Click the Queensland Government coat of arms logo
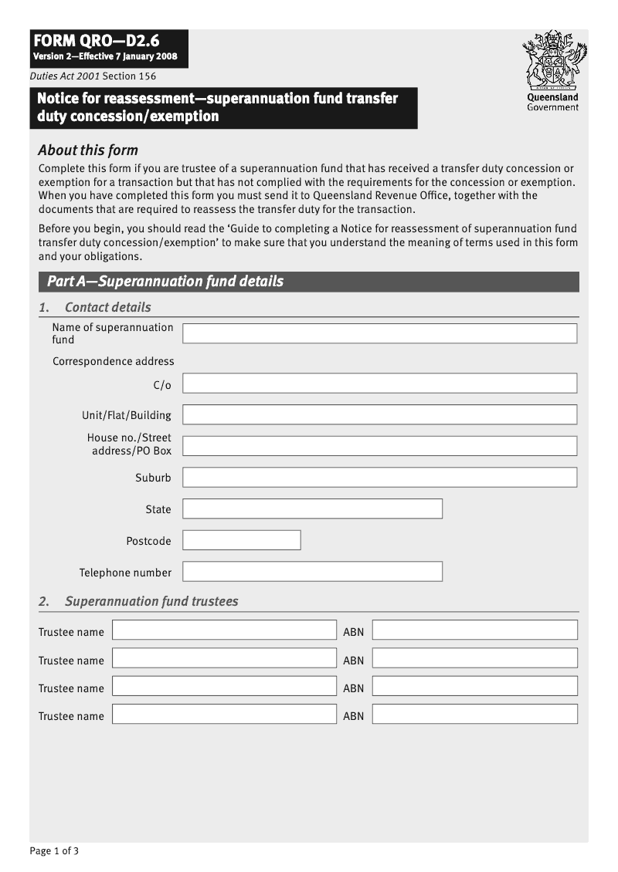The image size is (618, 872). pos(553,60)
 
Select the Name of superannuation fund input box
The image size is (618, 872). pos(379,333)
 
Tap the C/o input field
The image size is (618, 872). pos(379,384)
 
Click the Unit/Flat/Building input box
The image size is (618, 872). pos(379,414)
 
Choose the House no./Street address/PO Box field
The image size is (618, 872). pos(379,446)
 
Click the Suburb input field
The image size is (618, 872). pos(379,478)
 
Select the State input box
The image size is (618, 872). pos(312,509)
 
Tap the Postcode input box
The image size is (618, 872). pos(242,540)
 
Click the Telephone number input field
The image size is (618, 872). pos(312,572)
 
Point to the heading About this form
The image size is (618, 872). pos(88,150)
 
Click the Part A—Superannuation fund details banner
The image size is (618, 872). pos(308,282)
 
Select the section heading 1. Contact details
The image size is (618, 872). pos(95,307)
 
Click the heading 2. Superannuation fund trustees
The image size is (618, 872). pos(138,601)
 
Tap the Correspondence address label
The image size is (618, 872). pos(114,361)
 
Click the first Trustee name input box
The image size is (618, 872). pos(224,630)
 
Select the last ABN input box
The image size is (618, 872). pos(474,714)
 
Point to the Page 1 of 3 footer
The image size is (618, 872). pos(54,851)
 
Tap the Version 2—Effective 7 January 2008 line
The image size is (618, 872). pos(105,57)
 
